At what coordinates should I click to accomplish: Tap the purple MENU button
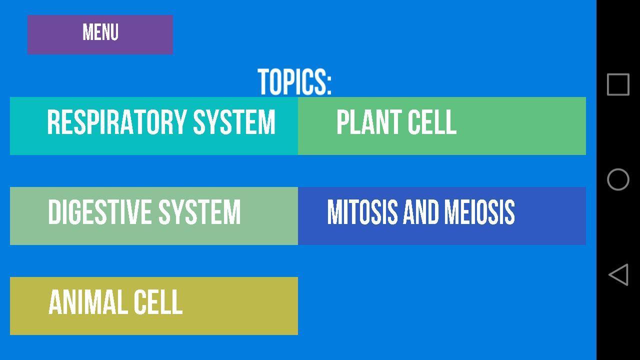click(x=100, y=34)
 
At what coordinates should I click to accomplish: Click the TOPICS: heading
click(x=294, y=82)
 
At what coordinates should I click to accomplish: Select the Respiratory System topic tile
click(x=154, y=126)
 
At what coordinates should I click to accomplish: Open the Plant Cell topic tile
click(x=442, y=126)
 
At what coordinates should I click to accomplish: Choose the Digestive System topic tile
click(x=154, y=216)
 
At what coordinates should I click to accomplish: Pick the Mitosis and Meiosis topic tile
click(x=442, y=216)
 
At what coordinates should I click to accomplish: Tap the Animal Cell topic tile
click(x=154, y=306)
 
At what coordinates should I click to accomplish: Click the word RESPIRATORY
click(x=117, y=122)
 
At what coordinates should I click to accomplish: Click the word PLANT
click(x=369, y=122)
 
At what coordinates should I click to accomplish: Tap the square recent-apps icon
click(x=618, y=84)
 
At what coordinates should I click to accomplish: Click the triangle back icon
click(x=618, y=274)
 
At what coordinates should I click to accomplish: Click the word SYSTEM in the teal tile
click(x=234, y=122)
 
